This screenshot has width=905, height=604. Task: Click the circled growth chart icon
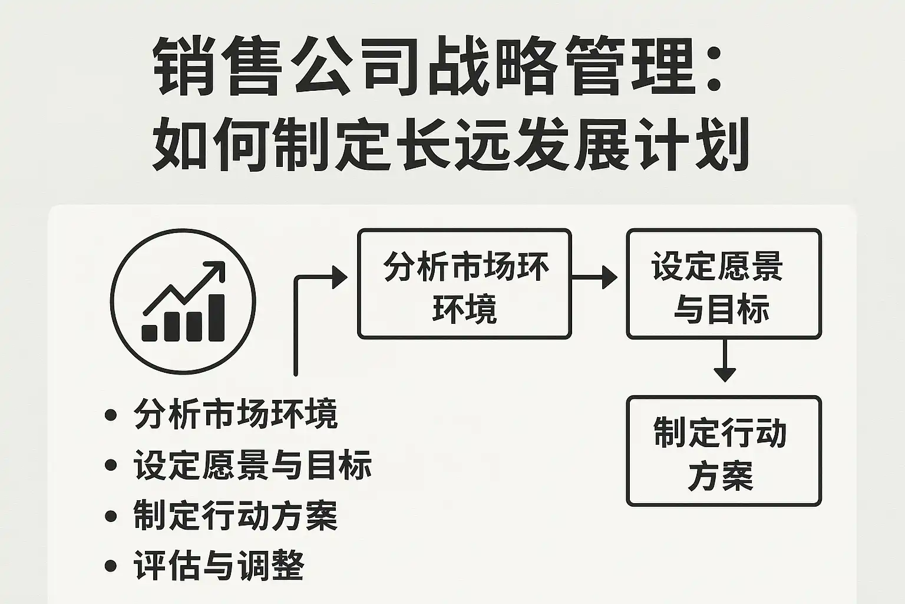[183, 301]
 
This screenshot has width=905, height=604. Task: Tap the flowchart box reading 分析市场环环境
[464, 284]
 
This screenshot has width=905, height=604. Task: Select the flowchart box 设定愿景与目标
[723, 284]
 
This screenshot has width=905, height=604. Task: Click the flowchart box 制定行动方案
[723, 451]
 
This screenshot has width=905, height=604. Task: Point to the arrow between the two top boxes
[594, 277]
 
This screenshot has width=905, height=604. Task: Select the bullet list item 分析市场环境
[236, 414]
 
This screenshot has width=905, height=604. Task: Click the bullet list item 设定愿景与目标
[252, 465]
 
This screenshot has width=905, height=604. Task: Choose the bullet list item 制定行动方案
[236, 516]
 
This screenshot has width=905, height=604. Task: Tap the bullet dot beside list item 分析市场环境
[110, 415]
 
